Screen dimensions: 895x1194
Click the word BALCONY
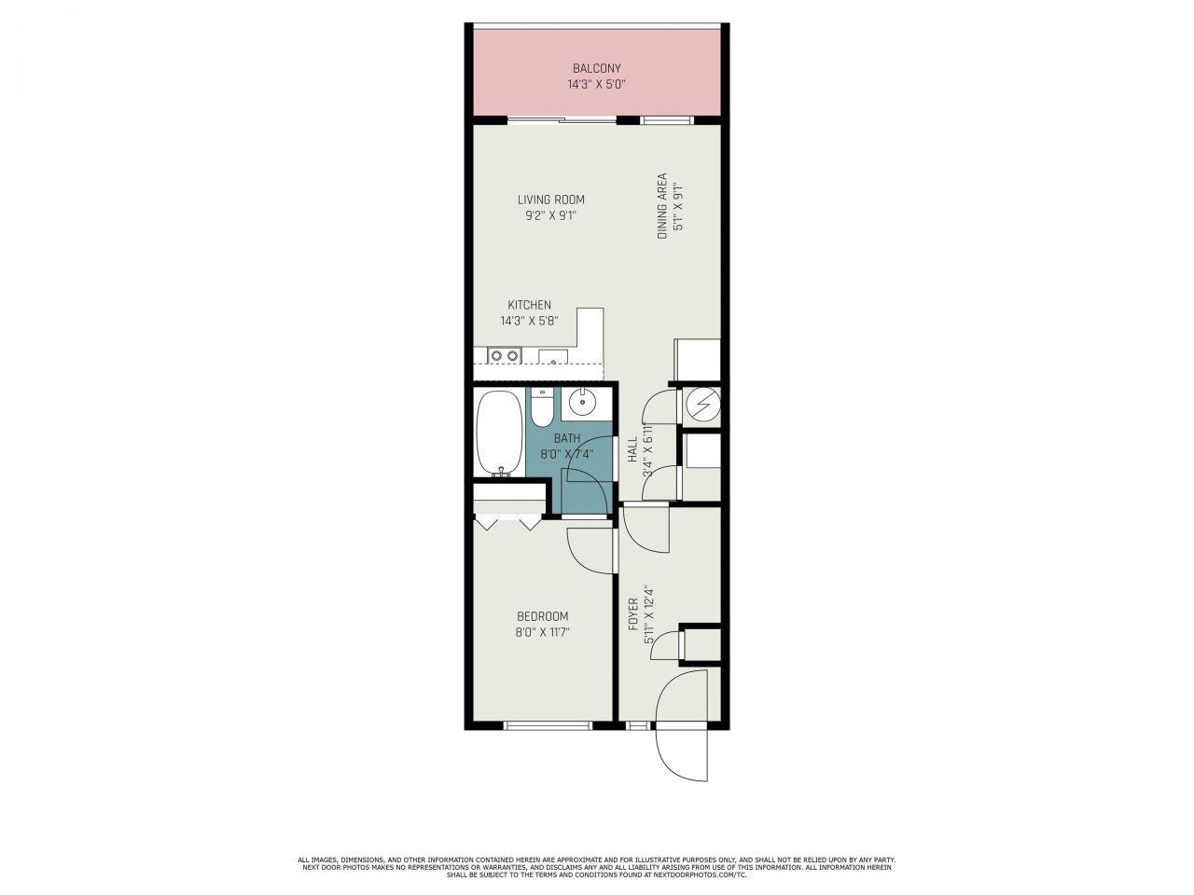point(596,68)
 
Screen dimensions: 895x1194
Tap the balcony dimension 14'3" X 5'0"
point(596,84)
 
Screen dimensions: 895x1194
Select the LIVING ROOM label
point(551,200)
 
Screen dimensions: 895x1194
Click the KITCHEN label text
point(529,305)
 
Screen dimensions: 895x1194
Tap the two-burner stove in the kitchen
point(505,355)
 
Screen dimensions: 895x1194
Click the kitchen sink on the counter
point(552,355)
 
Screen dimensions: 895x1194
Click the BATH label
point(566,438)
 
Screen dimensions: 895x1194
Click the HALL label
point(632,449)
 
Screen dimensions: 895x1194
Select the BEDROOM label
point(543,616)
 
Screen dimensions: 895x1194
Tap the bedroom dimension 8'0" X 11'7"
point(543,632)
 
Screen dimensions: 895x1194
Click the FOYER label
point(632,614)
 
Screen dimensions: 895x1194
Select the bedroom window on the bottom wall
point(548,724)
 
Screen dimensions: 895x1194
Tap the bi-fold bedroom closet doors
point(508,522)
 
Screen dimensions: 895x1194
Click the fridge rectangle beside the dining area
point(698,359)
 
